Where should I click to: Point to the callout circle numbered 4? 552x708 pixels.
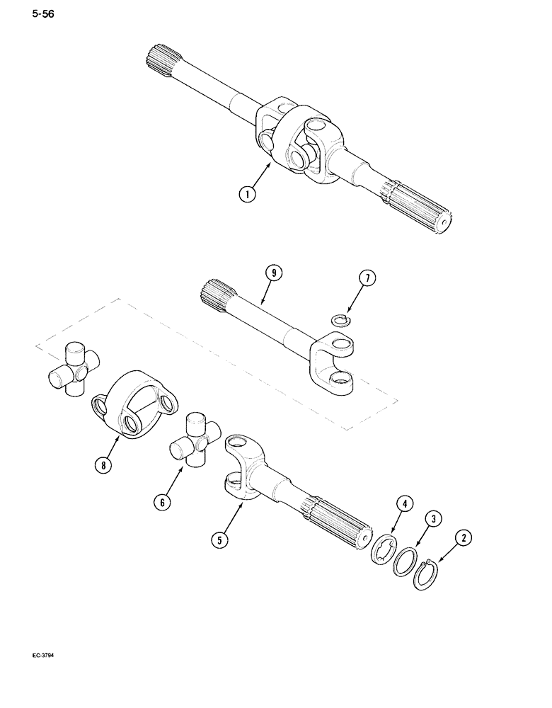[403, 504]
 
